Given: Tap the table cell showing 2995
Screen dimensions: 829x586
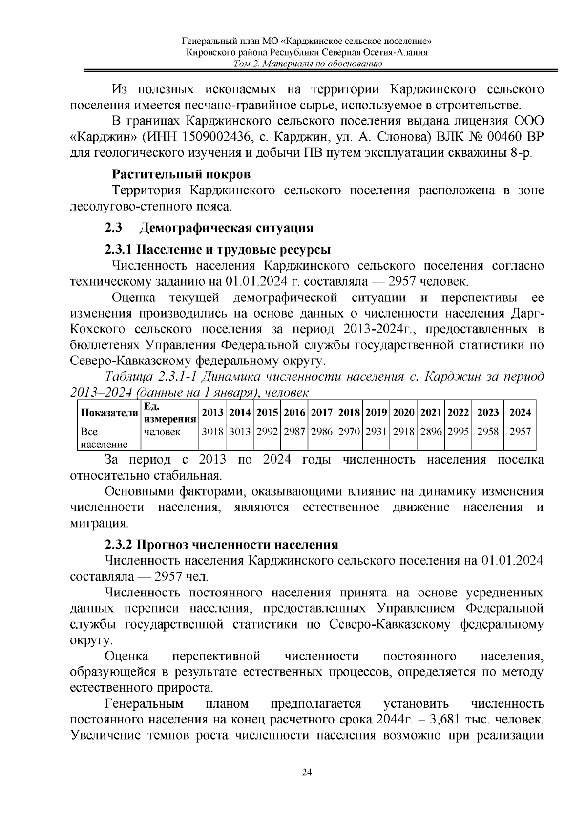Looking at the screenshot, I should click(458, 432).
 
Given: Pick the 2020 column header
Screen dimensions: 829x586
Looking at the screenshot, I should click(403, 412).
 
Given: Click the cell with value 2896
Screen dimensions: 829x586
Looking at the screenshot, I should click(431, 432).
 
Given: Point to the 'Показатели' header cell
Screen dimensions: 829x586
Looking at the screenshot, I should click(109, 413).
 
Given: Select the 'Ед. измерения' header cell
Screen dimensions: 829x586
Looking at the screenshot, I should click(169, 413).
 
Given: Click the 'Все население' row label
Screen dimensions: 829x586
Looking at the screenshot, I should click(104, 438).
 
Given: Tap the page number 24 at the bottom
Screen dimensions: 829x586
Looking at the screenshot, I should click(307, 772).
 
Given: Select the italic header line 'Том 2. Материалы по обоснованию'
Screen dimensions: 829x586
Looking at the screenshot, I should click(307, 64).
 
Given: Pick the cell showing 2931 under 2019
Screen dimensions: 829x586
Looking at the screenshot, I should click(376, 432).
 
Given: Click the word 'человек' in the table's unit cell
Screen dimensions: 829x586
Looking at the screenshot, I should click(162, 432).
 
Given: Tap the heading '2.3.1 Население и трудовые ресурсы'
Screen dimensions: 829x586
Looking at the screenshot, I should click(218, 250).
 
